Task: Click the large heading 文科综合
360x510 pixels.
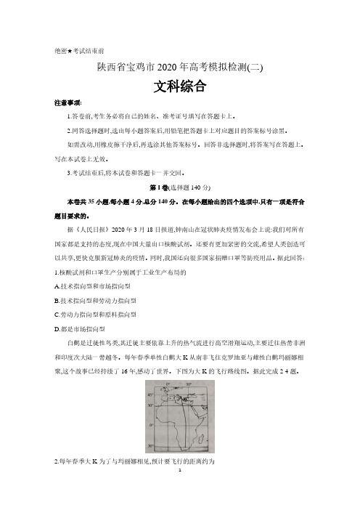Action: (180, 86)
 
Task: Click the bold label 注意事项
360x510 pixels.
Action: (68, 104)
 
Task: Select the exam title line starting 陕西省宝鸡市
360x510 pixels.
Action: (179, 68)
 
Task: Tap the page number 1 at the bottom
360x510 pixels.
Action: (179, 490)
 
